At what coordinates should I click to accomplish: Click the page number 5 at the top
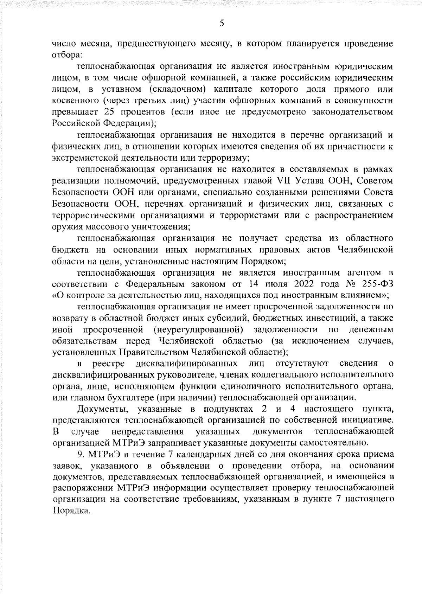click(222, 23)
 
